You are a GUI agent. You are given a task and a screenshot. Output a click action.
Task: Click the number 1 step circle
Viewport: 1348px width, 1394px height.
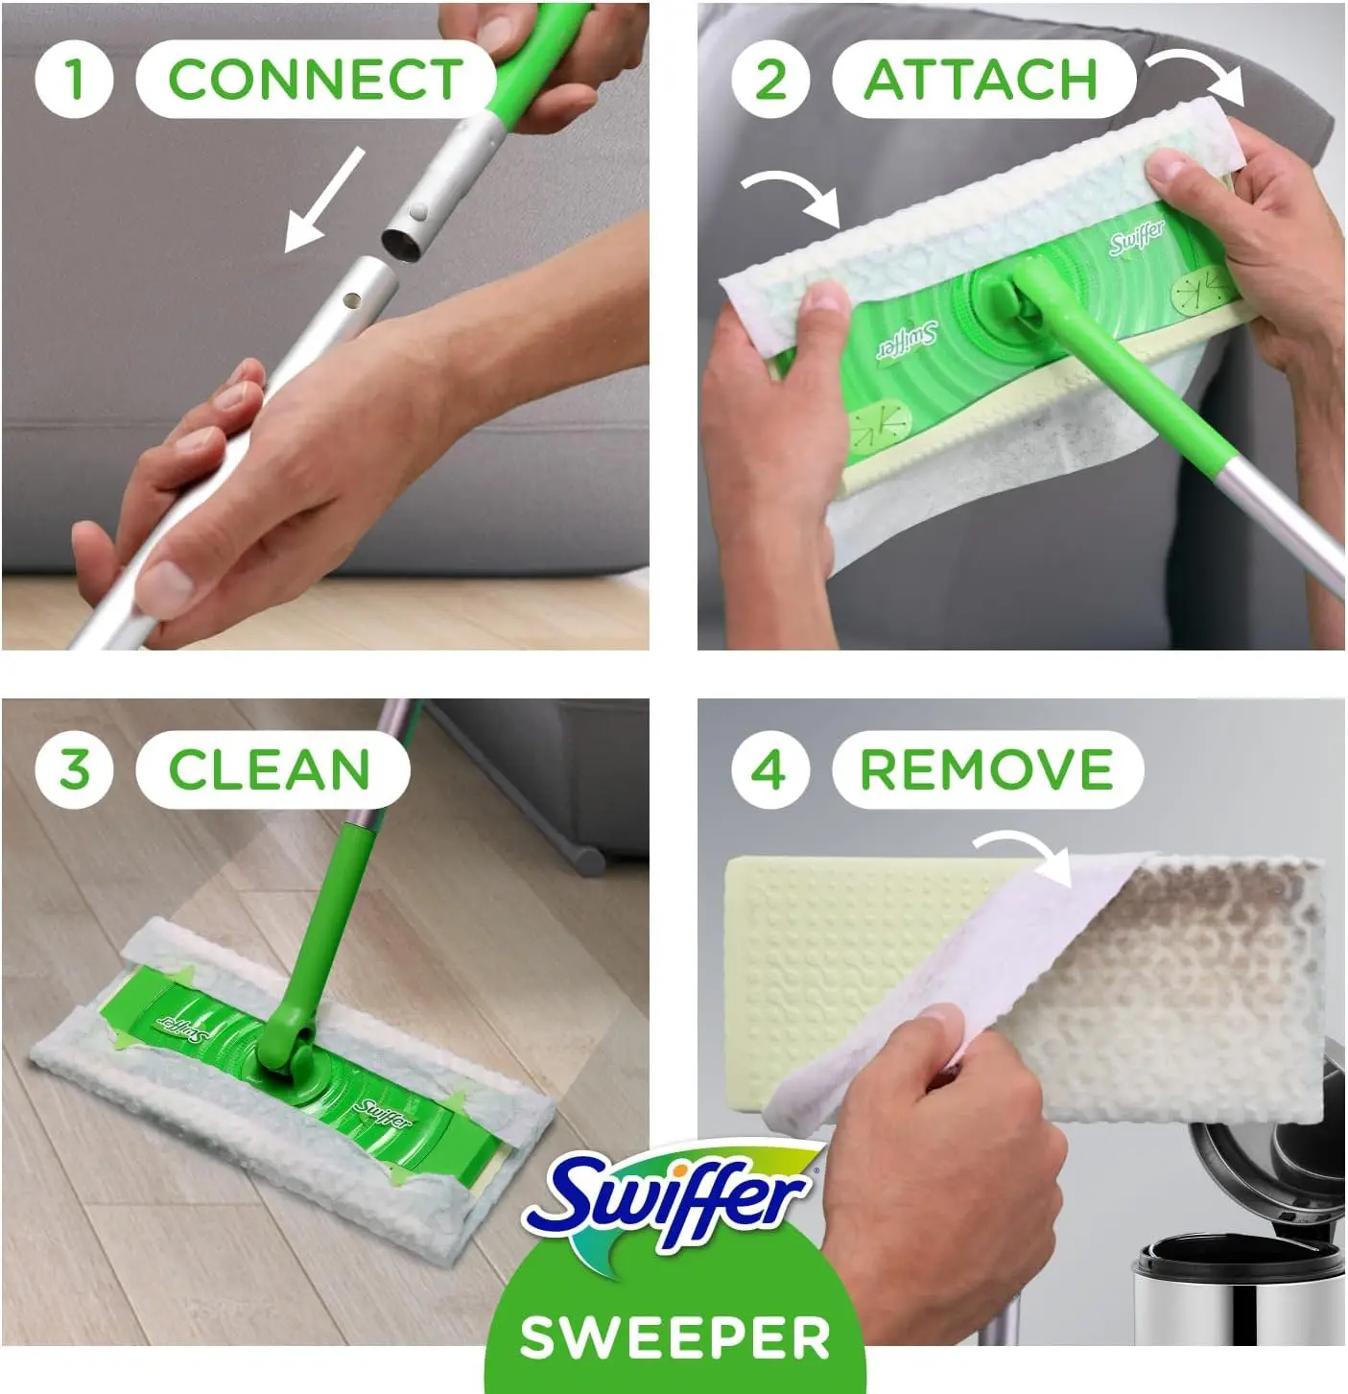click(74, 79)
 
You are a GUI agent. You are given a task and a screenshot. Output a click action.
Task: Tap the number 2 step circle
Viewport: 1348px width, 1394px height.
click(770, 79)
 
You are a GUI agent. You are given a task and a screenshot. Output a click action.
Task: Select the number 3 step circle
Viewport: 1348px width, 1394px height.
click(74, 769)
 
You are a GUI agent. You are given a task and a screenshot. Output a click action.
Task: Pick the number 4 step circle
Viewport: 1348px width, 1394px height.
click(770, 769)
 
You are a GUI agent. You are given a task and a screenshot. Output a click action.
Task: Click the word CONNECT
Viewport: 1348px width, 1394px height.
click(315, 79)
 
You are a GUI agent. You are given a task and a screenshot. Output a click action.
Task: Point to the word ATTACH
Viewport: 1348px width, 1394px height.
click(981, 79)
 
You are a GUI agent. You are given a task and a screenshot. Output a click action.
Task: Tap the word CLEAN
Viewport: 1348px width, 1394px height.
click(270, 769)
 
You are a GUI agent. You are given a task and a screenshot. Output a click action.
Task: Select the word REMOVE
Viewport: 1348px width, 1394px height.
click(986, 769)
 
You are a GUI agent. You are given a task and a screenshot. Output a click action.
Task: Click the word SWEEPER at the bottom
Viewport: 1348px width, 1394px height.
click(674, 1337)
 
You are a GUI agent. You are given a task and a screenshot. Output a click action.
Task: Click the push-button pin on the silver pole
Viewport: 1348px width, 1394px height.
click(418, 208)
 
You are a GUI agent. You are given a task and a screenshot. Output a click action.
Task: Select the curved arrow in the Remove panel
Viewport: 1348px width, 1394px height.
click(1026, 853)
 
